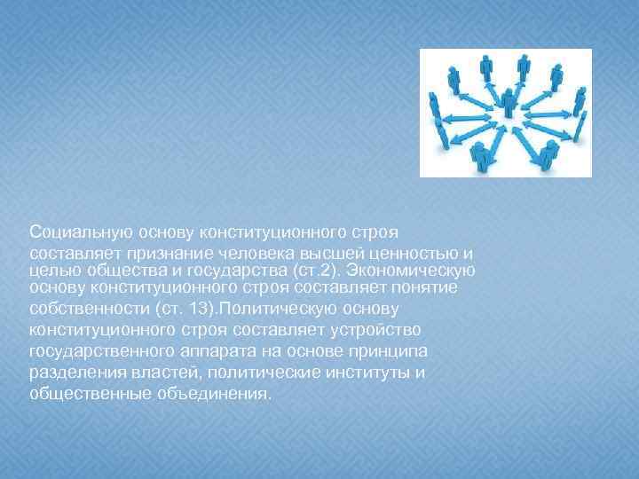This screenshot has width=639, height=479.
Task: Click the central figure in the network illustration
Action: click(x=509, y=105)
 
